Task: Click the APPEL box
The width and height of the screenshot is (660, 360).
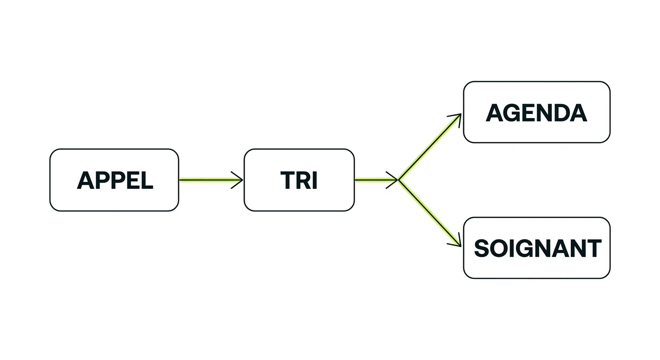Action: [114, 180]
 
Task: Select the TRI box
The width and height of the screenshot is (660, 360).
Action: [299, 180]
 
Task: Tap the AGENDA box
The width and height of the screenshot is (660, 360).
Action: [537, 112]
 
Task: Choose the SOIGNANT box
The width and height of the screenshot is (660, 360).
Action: [537, 248]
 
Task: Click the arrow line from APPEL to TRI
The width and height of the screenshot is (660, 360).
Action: [211, 180]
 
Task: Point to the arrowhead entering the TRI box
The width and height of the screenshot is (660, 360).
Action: [238, 180]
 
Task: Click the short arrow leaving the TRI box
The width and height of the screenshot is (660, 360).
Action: [376, 180]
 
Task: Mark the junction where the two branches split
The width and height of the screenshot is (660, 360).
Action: [398, 180]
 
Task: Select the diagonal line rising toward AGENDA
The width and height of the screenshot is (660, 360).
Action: [430, 147]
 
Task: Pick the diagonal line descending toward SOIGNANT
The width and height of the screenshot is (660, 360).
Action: [430, 213]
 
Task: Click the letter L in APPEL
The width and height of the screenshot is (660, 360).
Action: [146, 180]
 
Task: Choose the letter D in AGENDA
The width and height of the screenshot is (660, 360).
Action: [561, 112]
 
